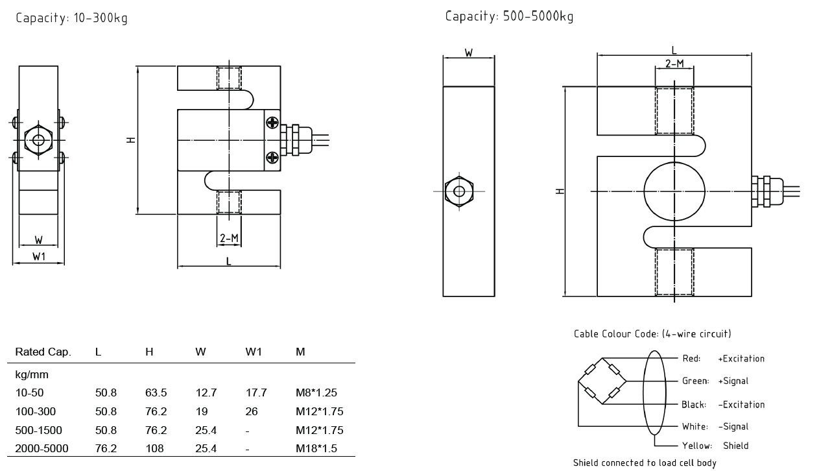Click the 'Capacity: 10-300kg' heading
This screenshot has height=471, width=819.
click(x=71, y=18)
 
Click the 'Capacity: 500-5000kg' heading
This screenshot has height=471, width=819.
click(x=509, y=16)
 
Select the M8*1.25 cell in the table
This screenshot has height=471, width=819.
click(x=316, y=392)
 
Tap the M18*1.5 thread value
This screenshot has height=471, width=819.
click(x=316, y=448)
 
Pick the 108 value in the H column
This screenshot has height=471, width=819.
click(x=154, y=448)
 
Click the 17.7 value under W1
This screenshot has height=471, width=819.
click(x=255, y=392)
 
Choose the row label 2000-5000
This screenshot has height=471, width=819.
click(x=42, y=448)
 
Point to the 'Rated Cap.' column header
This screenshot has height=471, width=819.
click(x=43, y=352)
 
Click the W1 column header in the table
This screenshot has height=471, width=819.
click(x=254, y=352)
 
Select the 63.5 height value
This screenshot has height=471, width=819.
click(x=156, y=392)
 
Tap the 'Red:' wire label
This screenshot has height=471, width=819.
click(x=691, y=359)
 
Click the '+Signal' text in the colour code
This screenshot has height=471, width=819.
click(x=733, y=381)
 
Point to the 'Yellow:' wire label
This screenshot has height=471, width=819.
click(x=697, y=446)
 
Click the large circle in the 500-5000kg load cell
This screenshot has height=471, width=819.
click(x=674, y=191)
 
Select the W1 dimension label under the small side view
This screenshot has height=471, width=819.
click(x=39, y=257)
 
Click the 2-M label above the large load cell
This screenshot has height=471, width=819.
click(x=674, y=64)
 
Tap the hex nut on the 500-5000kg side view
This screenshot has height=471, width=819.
click(x=459, y=191)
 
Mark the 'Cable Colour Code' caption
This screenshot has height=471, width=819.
click(x=652, y=334)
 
